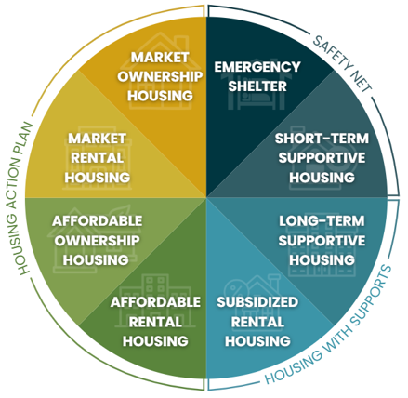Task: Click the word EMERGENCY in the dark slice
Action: click(257, 67)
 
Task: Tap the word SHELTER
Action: click(257, 86)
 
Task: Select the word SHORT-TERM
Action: click(322, 139)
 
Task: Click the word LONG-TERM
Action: click(322, 221)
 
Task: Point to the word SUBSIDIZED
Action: click(257, 302)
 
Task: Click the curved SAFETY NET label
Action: click(342, 63)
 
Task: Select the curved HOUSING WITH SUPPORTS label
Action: click(329, 325)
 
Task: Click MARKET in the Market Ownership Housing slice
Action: click(160, 58)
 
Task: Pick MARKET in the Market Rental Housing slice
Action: click(97, 139)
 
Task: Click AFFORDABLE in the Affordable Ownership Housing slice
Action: click(98, 221)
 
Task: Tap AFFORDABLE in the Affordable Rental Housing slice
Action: click(155, 302)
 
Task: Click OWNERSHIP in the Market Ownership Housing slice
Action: click(160, 76)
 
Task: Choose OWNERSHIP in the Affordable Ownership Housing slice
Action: click(97, 241)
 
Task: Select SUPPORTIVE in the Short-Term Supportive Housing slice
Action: click(322, 158)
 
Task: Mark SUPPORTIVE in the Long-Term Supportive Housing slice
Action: click(322, 241)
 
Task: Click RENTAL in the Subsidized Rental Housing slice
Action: click(257, 322)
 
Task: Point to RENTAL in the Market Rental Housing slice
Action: click(97, 158)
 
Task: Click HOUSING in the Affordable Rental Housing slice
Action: click(155, 341)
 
